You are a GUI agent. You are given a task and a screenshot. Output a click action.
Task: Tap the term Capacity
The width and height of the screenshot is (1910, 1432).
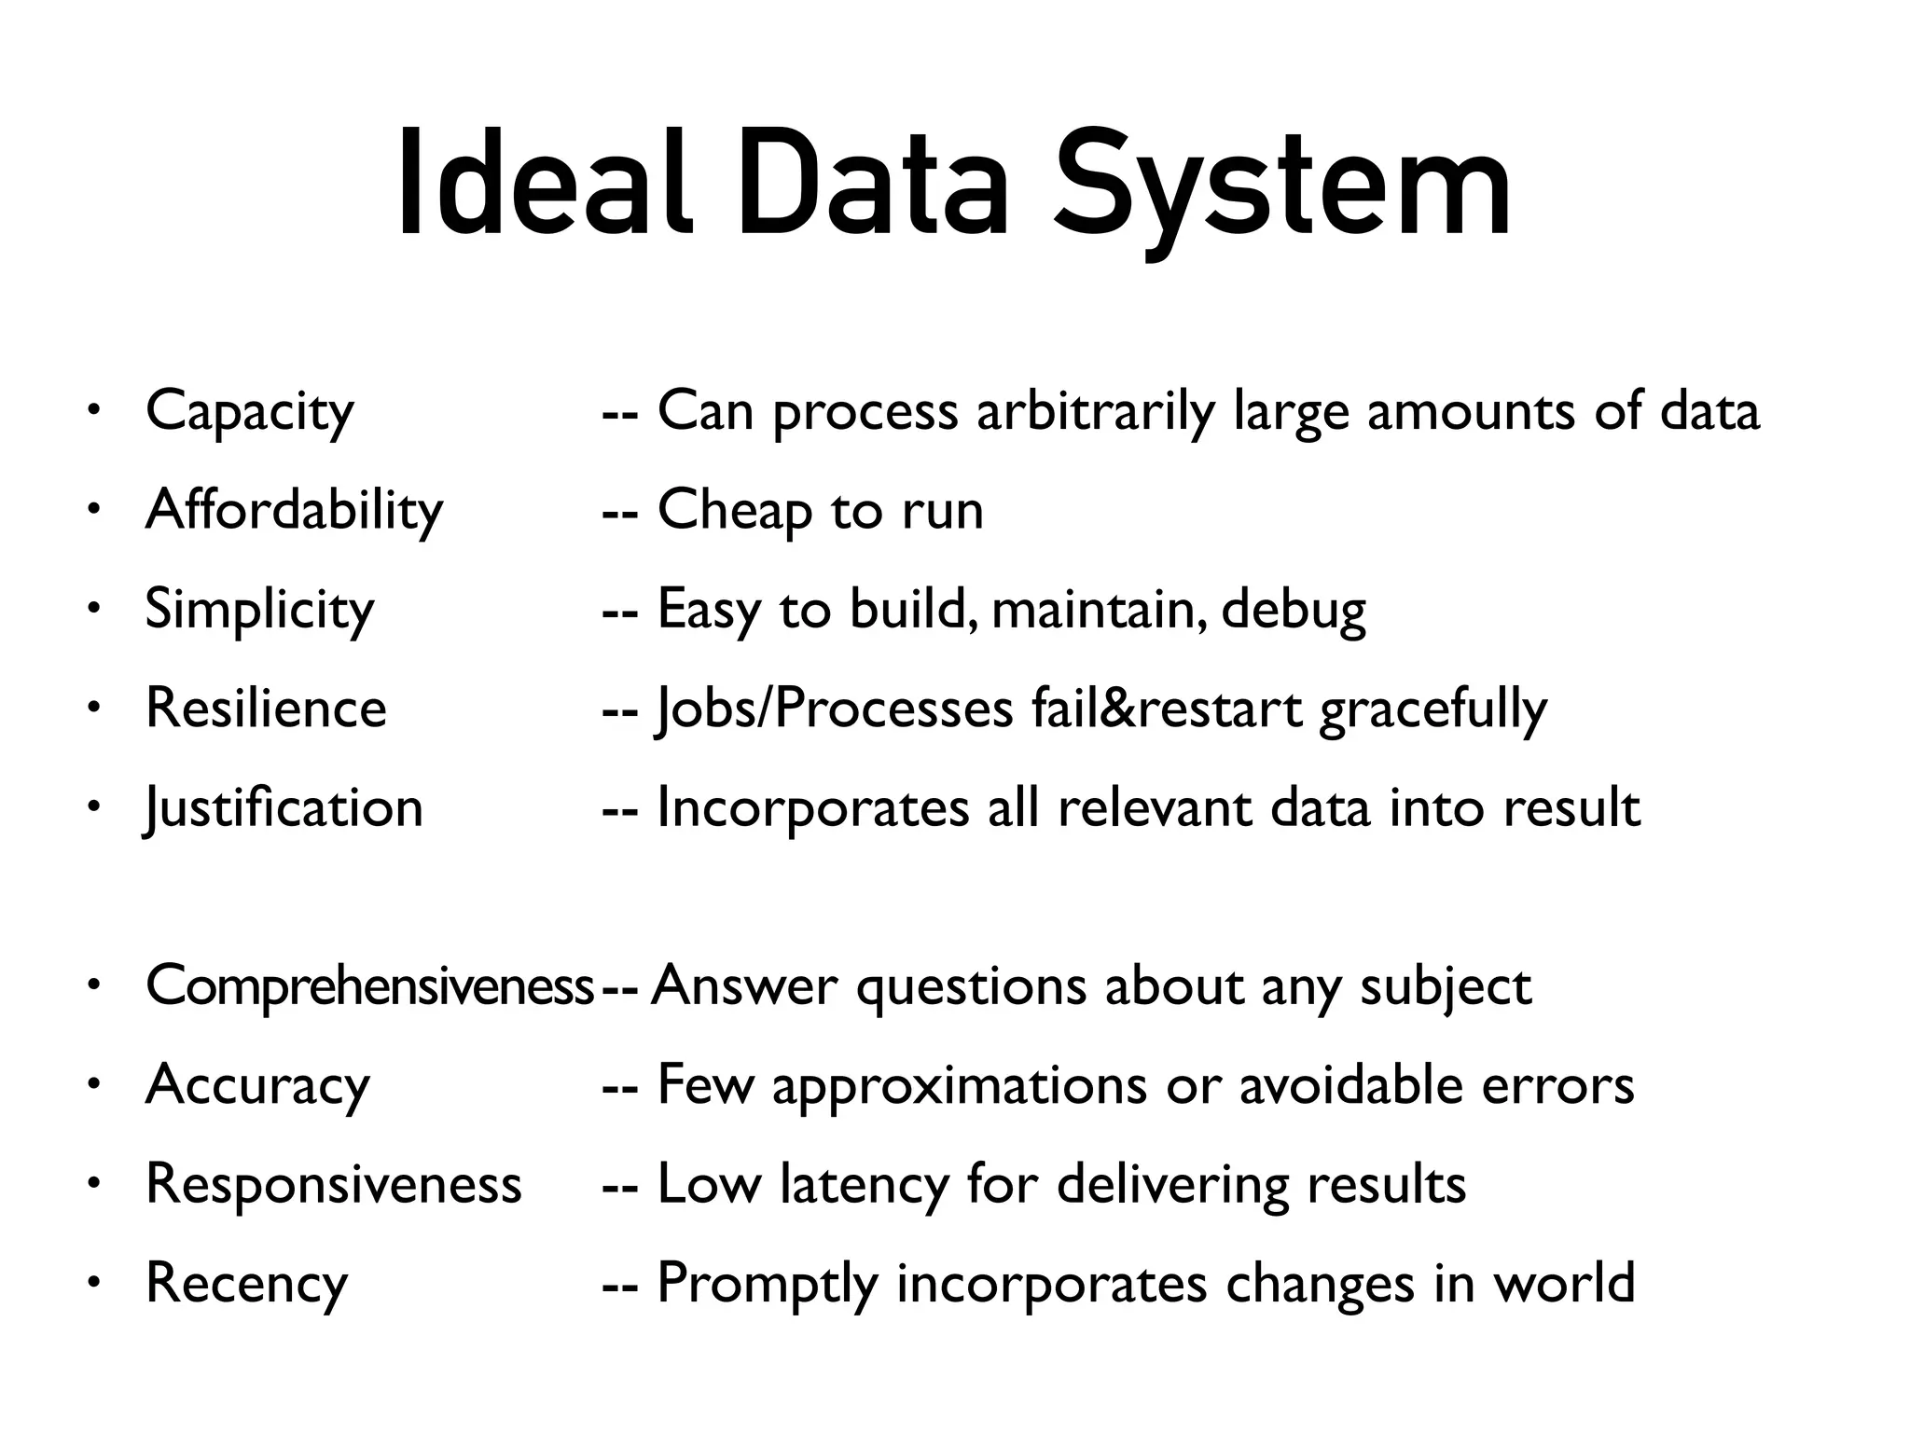pyautogui.click(x=250, y=411)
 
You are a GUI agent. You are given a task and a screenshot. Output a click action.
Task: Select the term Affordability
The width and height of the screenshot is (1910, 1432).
pyautogui.click(x=294, y=510)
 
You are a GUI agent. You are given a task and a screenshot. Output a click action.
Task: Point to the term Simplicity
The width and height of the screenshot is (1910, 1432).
pyautogui.click(x=259, y=610)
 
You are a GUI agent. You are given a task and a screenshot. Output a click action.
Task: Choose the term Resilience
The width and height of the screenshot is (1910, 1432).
pyautogui.click(x=266, y=708)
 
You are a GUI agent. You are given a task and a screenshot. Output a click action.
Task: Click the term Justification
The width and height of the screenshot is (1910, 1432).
pyautogui.click(x=284, y=807)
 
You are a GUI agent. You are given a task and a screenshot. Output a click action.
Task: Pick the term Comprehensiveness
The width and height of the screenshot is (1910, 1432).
pyautogui.click(x=369, y=986)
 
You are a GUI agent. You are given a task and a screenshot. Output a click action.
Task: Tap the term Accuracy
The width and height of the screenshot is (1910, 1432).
pyautogui.click(x=257, y=1085)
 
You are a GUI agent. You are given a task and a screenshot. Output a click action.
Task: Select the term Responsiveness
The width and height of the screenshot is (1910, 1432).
pyautogui.click(x=334, y=1184)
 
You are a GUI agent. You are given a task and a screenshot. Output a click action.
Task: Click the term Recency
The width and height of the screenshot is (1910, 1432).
pyautogui.click(x=246, y=1284)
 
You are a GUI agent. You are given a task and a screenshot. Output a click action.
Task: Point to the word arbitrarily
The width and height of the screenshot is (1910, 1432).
pyautogui.click(x=1096, y=411)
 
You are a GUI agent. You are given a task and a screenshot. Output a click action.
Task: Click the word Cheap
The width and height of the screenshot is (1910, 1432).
pyautogui.click(x=735, y=510)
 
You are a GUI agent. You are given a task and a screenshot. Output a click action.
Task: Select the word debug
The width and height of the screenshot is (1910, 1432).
pyautogui.click(x=1294, y=610)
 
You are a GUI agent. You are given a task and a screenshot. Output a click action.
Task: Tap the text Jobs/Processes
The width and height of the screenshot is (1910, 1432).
pyautogui.click(x=835, y=709)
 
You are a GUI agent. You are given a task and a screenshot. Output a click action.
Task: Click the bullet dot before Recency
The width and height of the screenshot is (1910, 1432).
pyautogui.click(x=92, y=1284)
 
